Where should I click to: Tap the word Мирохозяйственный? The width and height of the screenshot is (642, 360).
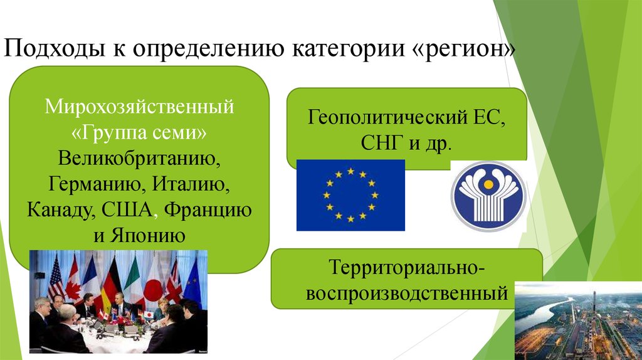(139, 107)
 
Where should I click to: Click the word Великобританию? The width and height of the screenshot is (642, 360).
(139, 158)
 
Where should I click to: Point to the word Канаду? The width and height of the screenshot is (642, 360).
(61, 210)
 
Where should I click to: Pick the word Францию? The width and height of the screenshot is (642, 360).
(208, 210)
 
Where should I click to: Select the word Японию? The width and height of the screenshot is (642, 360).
(147, 235)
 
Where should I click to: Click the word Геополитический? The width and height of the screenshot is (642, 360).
(387, 117)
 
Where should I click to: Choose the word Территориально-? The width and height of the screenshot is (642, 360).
(406, 267)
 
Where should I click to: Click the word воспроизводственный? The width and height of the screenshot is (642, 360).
(407, 294)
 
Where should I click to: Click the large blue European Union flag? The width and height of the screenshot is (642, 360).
(350, 195)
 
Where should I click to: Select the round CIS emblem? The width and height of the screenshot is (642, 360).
(488, 196)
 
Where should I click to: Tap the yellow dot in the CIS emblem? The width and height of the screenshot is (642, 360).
(488, 185)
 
